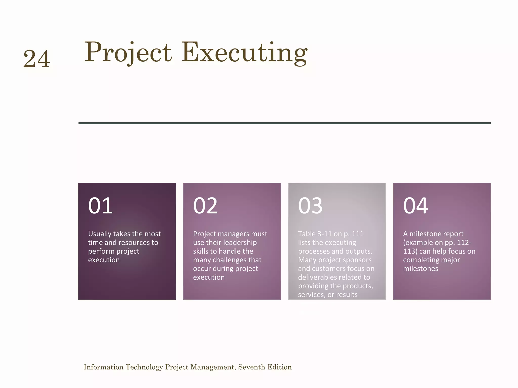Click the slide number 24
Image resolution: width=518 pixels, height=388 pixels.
tap(37, 59)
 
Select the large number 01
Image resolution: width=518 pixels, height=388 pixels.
tap(100, 206)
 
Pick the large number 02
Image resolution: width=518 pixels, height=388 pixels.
tap(205, 206)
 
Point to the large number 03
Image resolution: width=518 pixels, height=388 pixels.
tap(310, 206)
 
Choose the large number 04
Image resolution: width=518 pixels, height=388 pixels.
tap(416, 206)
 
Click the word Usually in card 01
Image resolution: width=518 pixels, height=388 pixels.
tap(99, 234)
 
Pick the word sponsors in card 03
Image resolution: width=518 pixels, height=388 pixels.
tap(357, 260)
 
